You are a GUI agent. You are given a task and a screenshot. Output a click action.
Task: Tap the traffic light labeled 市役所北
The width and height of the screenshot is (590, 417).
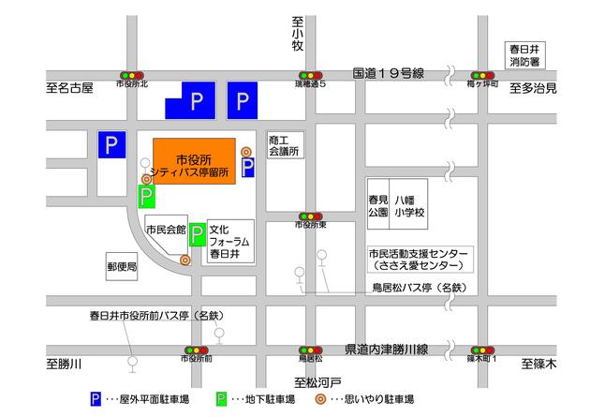click(x=131, y=75)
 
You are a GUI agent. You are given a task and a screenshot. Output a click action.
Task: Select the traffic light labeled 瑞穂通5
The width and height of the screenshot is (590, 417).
click(x=310, y=75)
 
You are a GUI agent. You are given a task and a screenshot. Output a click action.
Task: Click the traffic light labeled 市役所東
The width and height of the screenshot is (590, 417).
click(x=310, y=216)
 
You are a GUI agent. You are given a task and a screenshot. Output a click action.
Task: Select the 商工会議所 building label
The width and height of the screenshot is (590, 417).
click(x=283, y=143)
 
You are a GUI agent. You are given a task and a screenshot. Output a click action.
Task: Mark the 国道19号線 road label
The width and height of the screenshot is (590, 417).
click(x=389, y=72)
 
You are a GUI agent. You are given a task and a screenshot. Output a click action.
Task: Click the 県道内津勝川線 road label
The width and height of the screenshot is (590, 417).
click(x=386, y=349)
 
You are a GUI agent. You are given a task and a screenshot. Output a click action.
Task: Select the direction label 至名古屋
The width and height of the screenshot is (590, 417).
click(x=70, y=89)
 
